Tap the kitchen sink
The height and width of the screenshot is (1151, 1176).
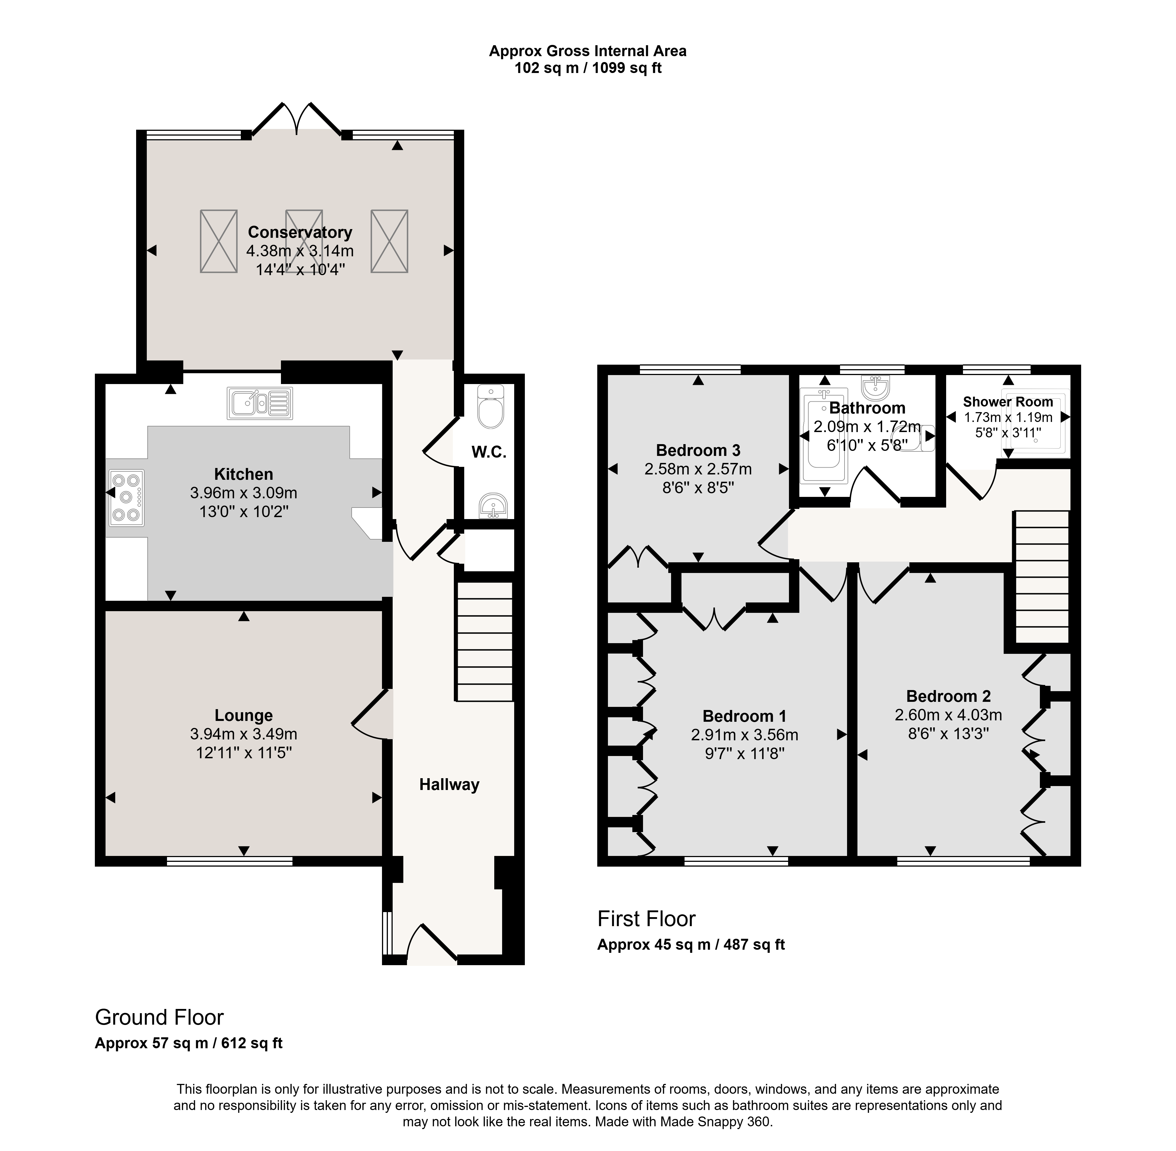(260, 403)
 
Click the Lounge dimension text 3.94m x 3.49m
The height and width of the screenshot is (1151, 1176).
(244, 734)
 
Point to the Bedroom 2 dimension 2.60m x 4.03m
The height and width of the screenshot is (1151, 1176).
(948, 715)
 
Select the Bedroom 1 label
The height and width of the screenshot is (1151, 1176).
(745, 716)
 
